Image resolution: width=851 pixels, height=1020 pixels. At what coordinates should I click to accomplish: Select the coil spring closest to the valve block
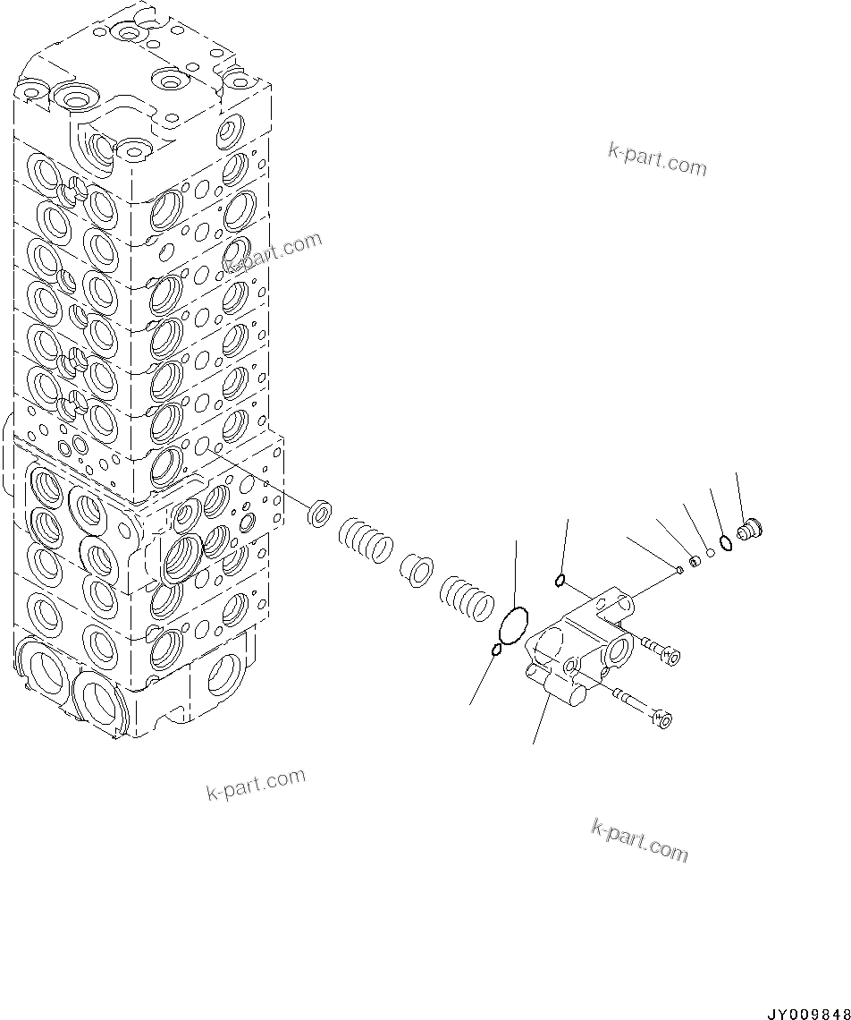click(x=366, y=542)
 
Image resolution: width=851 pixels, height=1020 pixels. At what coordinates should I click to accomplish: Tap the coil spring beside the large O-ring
click(x=466, y=597)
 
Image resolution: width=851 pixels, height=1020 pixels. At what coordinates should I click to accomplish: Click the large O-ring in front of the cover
click(x=512, y=625)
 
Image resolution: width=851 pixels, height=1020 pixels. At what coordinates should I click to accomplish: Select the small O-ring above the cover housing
click(x=560, y=581)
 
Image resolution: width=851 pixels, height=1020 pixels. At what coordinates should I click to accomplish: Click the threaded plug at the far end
click(x=748, y=532)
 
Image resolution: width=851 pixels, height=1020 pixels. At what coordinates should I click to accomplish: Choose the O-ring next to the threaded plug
click(x=726, y=543)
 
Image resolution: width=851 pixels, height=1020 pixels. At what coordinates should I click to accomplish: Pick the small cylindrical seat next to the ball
click(x=695, y=561)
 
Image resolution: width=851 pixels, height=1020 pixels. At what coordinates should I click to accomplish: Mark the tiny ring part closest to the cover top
click(x=679, y=569)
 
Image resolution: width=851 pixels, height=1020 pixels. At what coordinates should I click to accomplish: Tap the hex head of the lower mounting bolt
click(x=662, y=718)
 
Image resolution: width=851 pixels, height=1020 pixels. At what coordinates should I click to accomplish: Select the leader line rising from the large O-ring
click(x=516, y=573)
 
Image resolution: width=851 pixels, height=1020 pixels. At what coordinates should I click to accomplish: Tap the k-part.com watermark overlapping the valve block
click(x=273, y=253)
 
